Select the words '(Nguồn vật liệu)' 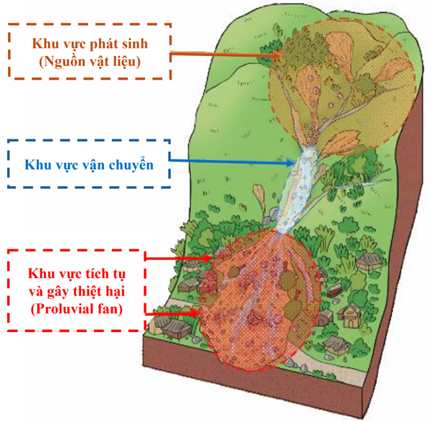click(90, 63)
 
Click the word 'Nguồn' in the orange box click(65, 63)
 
